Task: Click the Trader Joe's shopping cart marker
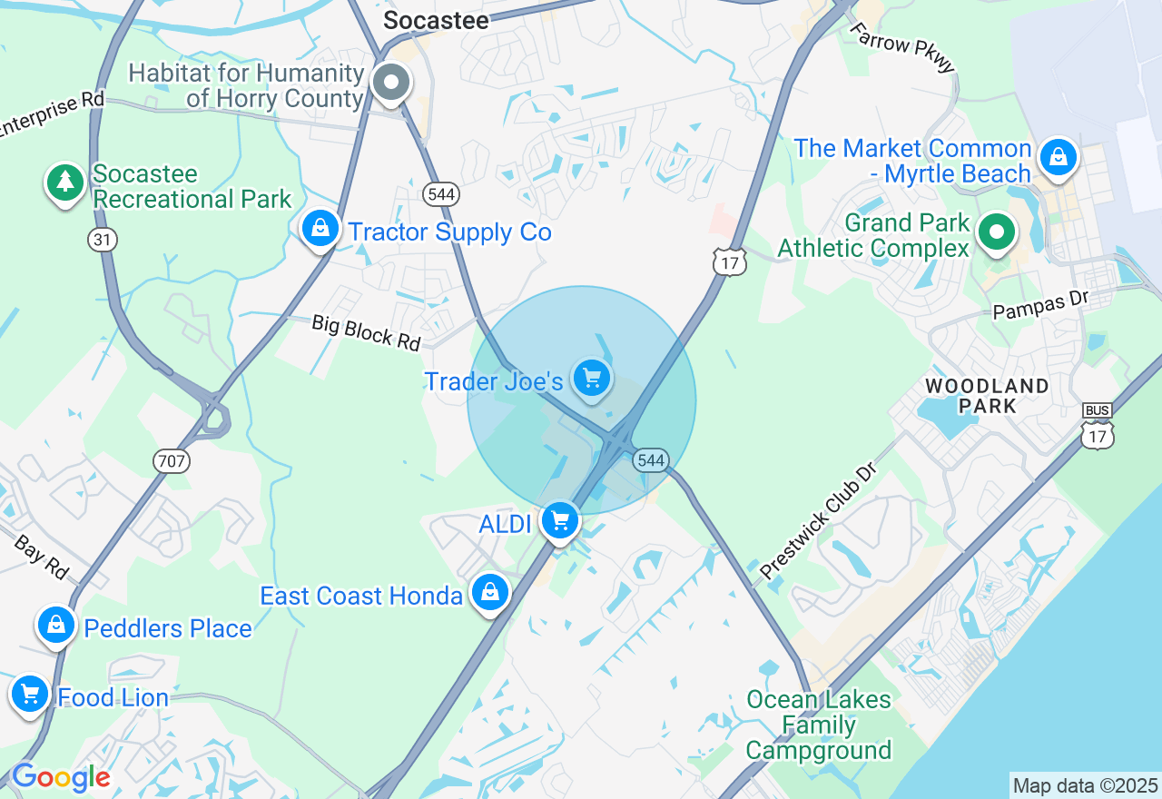tap(592, 377)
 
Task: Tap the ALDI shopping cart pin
tap(560, 521)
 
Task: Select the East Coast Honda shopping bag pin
tap(490, 593)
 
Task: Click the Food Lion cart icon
tap(30, 695)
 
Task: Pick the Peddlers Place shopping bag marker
tap(56, 626)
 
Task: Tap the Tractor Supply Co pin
tap(320, 229)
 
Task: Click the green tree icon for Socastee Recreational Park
tap(65, 182)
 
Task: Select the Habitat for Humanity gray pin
tap(392, 83)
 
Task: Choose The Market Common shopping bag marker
tap(1058, 158)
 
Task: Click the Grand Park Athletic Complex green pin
tap(997, 232)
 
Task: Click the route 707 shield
tap(171, 461)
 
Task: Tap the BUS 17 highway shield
tap(1098, 427)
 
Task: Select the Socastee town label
tap(436, 20)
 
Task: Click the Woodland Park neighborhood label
tap(987, 396)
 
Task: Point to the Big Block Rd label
tap(367, 331)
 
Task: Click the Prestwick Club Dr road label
tap(819, 522)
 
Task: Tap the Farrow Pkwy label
tap(903, 46)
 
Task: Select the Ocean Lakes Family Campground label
tap(819, 725)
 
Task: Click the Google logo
tap(61, 777)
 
